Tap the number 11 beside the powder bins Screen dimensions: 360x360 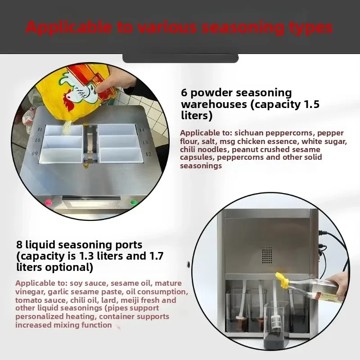coord(40,129)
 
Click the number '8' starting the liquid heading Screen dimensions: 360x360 coord(19,245)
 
